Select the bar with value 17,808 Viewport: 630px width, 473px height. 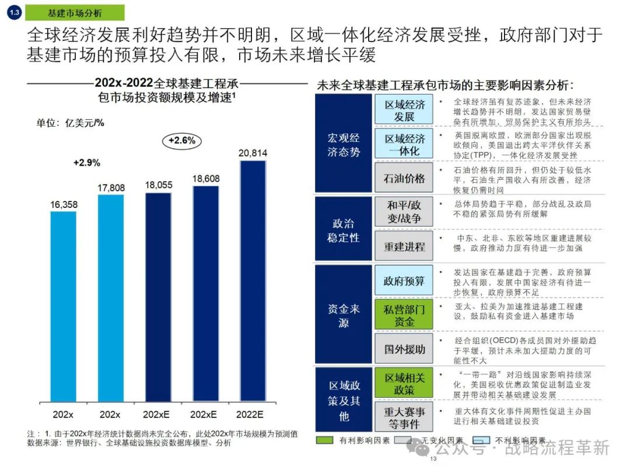coord(110,298)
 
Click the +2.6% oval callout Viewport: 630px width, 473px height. coord(181,141)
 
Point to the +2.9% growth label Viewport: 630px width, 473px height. coord(86,162)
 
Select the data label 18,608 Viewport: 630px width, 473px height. coord(205,178)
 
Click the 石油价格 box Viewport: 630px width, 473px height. coord(404,178)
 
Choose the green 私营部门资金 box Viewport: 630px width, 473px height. coord(404,315)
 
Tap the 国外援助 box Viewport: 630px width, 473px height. coord(404,350)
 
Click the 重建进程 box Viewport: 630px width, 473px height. coord(404,246)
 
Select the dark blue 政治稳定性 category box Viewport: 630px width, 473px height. coord(343,229)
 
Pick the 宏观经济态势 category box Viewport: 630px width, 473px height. coord(343,144)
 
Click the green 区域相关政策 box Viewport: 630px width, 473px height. coord(404,383)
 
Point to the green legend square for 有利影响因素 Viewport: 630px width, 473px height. coord(324,440)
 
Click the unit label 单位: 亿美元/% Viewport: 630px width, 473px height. coord(70,123)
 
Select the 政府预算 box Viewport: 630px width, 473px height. coord(404,281)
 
